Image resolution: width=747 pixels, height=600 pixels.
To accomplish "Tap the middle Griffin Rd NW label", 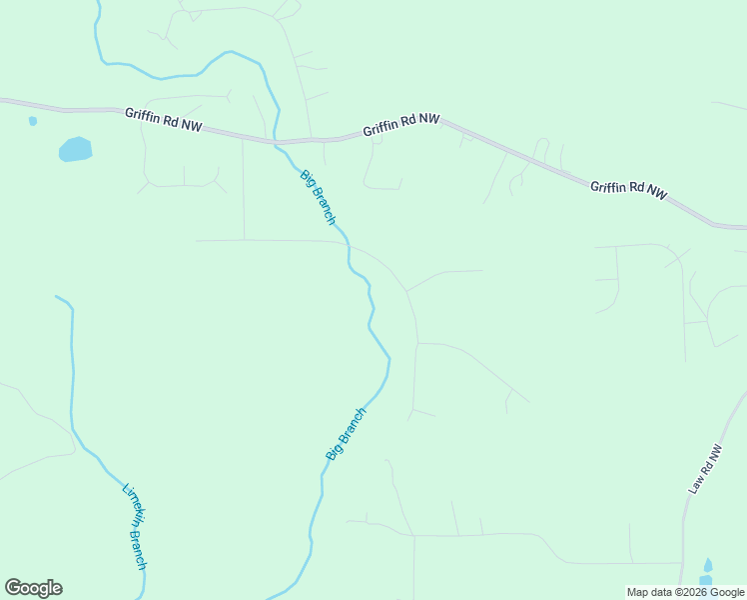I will [401, 125].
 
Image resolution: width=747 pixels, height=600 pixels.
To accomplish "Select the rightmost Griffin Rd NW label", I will [628, 190].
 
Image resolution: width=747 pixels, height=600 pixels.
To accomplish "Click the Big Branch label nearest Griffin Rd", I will [318, 197].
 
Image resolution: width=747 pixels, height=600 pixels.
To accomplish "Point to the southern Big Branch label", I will [346, 433].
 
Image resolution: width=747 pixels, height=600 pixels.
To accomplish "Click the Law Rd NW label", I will [704, 469].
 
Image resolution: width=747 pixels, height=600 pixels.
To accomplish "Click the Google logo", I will [33, 588].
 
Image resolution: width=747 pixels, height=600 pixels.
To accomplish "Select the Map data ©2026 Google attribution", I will [686, 592].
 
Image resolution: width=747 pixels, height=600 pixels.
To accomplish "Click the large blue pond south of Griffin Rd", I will [76, 150].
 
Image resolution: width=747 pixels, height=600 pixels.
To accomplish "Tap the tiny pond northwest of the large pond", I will [33, 121].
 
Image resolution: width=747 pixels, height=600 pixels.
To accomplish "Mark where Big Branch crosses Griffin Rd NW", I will [278, 142].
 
